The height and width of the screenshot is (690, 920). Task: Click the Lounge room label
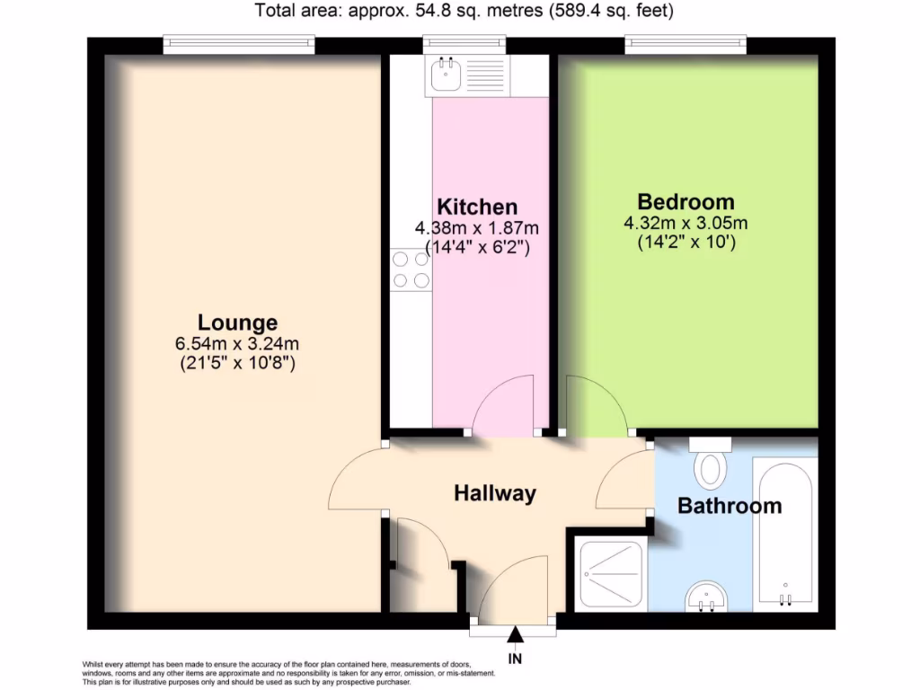(x=237, y=322)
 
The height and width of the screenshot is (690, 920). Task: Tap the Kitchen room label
(x=477, y=207)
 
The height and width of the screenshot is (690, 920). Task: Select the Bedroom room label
(x=686, y=201)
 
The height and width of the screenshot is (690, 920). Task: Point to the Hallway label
(x=494, y=492)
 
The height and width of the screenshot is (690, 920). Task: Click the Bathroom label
(x=730, y=506)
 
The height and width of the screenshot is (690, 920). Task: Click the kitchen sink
(x=446, y=75)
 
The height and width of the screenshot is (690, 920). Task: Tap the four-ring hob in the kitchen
(x=411, y=270)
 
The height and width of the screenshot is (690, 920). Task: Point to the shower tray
(x=612, y=572)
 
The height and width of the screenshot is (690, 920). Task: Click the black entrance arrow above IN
(x=516, y=636)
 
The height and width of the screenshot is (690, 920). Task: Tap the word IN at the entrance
(x=516, y=659)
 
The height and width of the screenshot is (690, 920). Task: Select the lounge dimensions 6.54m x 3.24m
(x=237, y=343)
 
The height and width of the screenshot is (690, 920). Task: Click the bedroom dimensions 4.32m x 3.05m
(x=686, y=223)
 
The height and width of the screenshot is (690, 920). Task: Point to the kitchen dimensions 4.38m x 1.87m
(x=476, y=227)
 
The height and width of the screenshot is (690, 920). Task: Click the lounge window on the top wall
(x=239, y=41)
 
